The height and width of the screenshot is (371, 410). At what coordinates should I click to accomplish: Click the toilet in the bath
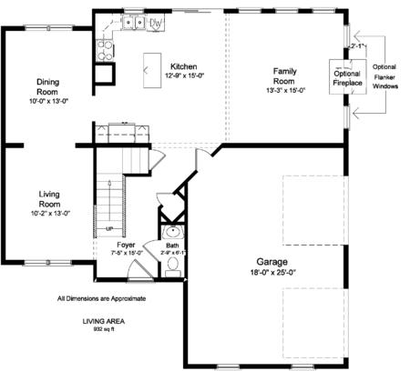tap(173, 267)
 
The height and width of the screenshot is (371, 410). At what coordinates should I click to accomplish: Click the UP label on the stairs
tap(109, 229)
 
